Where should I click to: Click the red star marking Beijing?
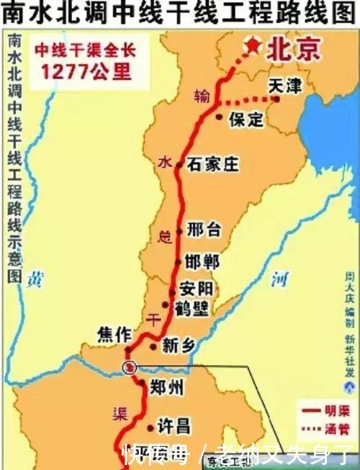[253, 46]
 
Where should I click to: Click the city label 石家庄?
[213, 165]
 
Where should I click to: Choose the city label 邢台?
[204, 230]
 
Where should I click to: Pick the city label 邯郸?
[202, 262]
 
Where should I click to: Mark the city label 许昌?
[174, 425]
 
